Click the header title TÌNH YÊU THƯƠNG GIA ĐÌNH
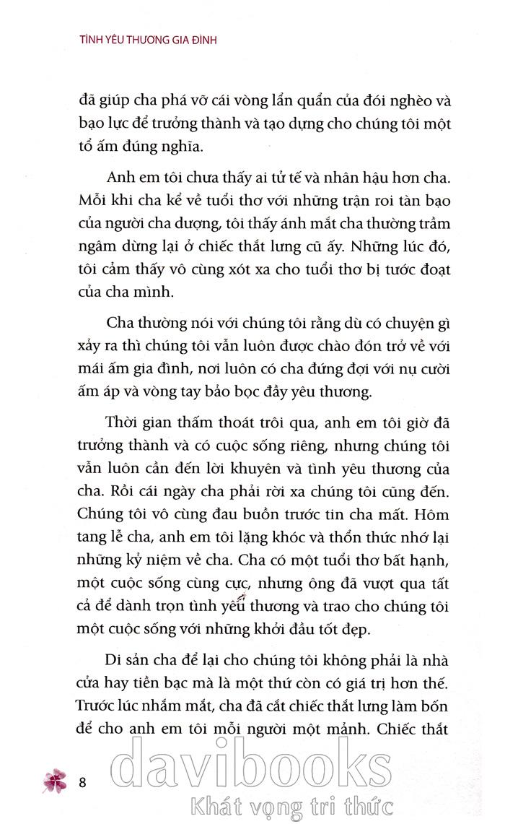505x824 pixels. (149, 41)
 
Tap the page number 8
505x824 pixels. (82, 783)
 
